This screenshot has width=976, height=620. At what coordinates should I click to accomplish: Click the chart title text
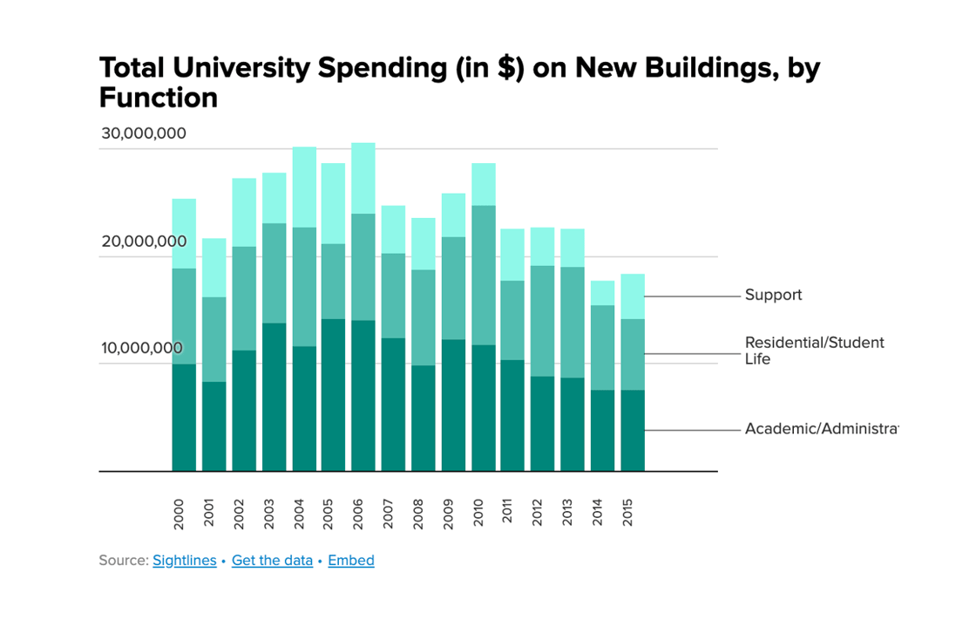[x=459, y=82]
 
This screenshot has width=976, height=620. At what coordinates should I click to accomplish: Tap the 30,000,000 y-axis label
[x=143, y=134]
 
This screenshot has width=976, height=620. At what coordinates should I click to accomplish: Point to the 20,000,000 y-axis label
[x=143, y=242]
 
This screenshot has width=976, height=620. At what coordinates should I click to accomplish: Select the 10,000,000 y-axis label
[x=143, y=349]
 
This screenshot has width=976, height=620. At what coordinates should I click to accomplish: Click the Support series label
[x=773, y=296]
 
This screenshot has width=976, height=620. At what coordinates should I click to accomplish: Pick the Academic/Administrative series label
[x=820, y=429]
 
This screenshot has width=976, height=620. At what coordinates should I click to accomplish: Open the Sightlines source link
[x=184, y=561]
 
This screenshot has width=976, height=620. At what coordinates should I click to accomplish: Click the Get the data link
[x=272, y=561]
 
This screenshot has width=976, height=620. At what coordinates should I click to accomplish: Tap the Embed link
[x=351, y=561]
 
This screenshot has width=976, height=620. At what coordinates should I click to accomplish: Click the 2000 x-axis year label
[x=180, y=514]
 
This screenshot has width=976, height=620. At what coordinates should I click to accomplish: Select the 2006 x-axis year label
[x=358, y=514]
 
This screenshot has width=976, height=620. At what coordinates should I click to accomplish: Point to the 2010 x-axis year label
[x=478, y=514]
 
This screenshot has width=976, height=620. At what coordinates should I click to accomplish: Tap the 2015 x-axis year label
[x=627, y=514]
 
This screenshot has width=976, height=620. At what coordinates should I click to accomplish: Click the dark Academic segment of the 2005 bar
[x=333, y=395]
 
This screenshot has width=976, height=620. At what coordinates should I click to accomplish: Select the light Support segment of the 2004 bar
[x=304, y=187]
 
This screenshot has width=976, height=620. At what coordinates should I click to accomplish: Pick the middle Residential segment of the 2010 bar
[x=483, y=276]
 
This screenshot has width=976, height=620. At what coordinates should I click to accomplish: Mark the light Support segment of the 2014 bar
[x=602, y=293]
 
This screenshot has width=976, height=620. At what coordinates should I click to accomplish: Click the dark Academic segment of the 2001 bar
[x=213, y=426]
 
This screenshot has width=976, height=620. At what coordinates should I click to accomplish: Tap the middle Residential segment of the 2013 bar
[x=573, y=323]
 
